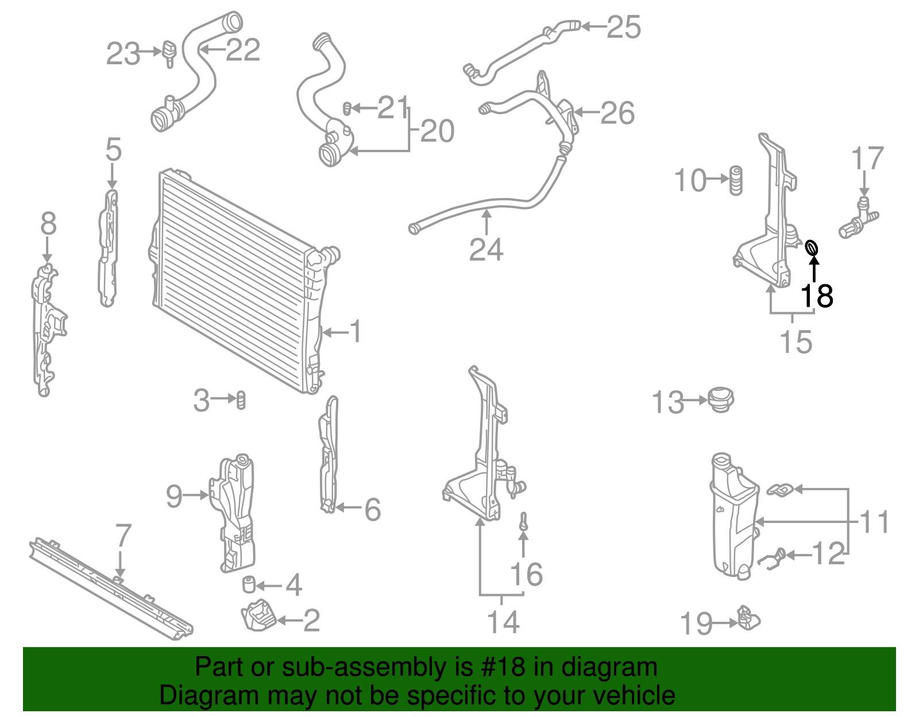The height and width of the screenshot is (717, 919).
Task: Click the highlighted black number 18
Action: click(x=816, y=296)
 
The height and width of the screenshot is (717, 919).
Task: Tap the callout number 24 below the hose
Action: click(x=486, y=250)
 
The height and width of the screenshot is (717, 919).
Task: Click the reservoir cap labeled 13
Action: click(x=720, y=399)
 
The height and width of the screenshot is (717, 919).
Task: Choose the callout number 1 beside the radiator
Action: click(x=356, y=332)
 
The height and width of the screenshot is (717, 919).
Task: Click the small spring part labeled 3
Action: click(x=241, y=399)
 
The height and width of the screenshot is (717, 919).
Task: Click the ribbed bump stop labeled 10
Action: click(x=736, y=180)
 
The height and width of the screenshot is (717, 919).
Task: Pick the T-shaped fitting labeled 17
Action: click(x=858, y=219)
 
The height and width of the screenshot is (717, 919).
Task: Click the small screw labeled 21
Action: click(x=347, y=107)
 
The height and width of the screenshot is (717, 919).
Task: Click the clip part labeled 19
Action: click(x=747, y=618)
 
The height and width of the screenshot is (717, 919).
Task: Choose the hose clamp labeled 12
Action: click(x=772, y=556)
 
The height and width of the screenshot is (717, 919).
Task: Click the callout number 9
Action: click(x=174, y=495)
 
